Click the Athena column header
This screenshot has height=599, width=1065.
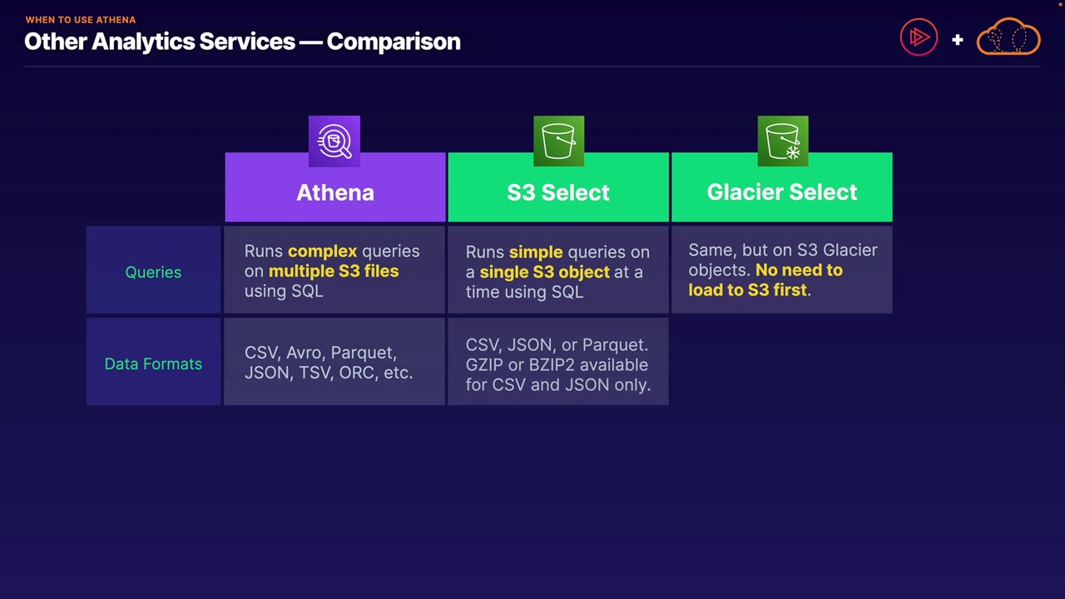(x=335, y=192)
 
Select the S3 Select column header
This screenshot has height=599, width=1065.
(x=558, y=192)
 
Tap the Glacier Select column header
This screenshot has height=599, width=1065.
(x=782, y=192)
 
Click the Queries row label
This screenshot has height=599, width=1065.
(x=153, y=272)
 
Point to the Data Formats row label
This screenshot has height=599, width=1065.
(x=153, y=364)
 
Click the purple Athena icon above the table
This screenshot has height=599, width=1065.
(x=334, y=141)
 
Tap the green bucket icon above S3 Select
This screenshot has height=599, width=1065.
(x=558, y=141)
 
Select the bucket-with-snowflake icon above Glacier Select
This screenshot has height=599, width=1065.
(x=783, y=141)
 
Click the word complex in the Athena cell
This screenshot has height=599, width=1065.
(x=322, y=251)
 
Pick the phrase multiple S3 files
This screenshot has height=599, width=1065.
(x=334, y=271)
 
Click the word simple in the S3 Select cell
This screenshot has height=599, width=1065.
(x=536, y=252)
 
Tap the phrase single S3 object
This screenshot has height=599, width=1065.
(x=544, y=272)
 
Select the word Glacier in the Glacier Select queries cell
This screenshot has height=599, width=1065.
(x=850, y=250)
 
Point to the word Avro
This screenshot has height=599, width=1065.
(x=304, y=353)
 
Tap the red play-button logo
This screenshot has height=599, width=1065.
(x=919, y=37)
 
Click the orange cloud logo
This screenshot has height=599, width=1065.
(x=1008, y=37)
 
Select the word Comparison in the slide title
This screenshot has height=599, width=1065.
(x=394, y=42)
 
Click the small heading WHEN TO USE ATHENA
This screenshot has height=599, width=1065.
(x=80, y=19)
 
